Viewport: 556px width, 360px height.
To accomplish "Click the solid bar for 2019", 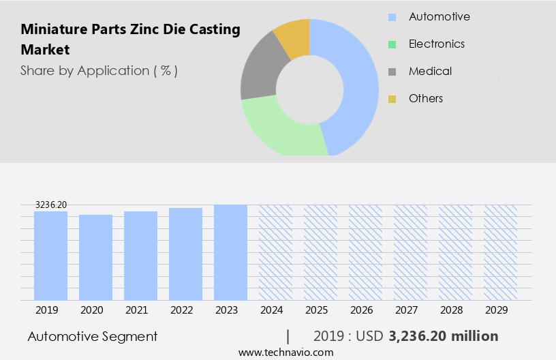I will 51,256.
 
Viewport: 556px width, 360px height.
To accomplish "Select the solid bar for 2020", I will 96,258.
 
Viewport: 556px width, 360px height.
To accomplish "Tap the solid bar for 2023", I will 230,252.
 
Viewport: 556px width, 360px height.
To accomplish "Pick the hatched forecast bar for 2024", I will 275,252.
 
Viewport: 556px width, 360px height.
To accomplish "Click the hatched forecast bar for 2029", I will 500,252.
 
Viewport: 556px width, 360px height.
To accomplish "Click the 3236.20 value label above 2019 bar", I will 51,205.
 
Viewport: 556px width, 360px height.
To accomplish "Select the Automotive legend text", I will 439,16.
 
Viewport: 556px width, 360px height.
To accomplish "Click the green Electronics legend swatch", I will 392,44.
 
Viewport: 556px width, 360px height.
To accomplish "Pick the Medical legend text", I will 430,71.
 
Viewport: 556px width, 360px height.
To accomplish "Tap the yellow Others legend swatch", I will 392,99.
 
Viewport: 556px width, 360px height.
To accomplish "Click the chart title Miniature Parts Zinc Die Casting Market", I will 130,40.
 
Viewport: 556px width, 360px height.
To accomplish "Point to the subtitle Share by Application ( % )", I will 99,70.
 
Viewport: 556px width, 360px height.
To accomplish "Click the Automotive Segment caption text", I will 93,336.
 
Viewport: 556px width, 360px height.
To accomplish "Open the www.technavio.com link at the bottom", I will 285,352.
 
